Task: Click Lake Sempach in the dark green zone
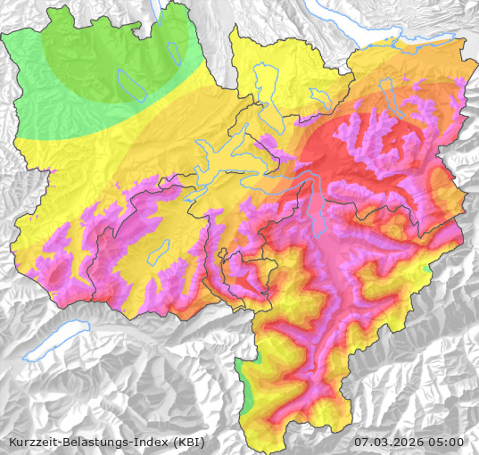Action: pos(130,85)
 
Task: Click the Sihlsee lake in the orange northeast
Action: pos(386,89)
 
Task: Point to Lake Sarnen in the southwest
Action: pos(160,252)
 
